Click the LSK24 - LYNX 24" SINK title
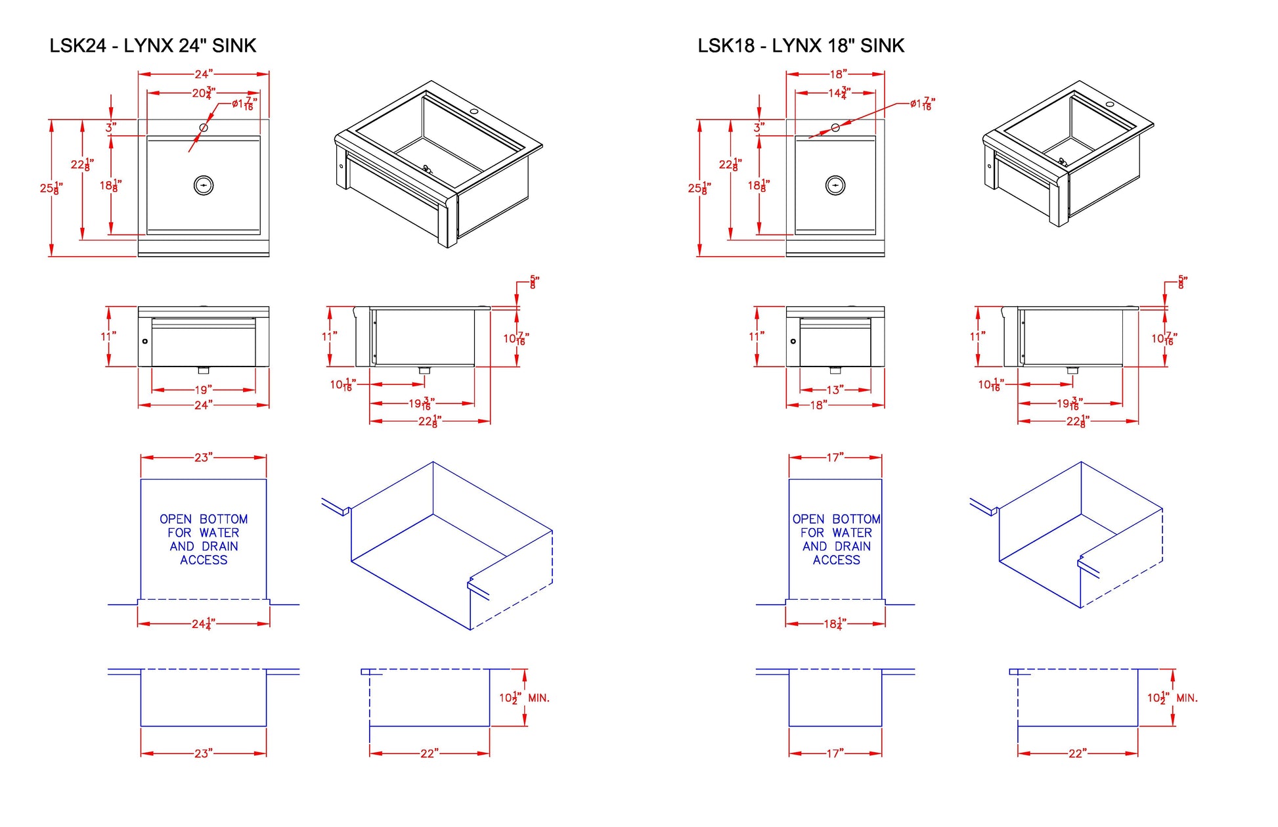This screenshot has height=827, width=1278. tap(152, 45)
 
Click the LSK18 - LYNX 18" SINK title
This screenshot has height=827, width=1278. tap(801, 45)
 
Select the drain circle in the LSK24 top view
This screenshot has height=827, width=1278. tap(204, 185)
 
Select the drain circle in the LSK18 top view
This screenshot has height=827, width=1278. tap(835, 185)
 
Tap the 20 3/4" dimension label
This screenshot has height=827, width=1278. tap(204, 93)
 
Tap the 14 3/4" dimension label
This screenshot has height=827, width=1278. tap(839, 93)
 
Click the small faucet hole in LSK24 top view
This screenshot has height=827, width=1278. tap(204, 127)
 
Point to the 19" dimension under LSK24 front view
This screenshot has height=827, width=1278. tap(203, 390)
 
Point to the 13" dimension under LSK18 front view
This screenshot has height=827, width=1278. tap(835, 390)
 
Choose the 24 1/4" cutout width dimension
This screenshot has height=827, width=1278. tap(203, 623)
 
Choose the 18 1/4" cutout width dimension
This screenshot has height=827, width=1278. tap(835, 623)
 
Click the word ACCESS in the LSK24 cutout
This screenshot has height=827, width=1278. tap(204, 560)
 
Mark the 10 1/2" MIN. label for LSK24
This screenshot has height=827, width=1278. tap(523, 698)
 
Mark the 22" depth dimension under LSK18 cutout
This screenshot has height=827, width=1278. tap(1077, 753)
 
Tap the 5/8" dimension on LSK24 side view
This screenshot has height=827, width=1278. tap(533, 282)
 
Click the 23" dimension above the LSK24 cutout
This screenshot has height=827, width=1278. tap(203, 457)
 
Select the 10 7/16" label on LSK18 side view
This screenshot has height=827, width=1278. tap(1164, 338)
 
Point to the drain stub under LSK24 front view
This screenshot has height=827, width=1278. tap(203, 370)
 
